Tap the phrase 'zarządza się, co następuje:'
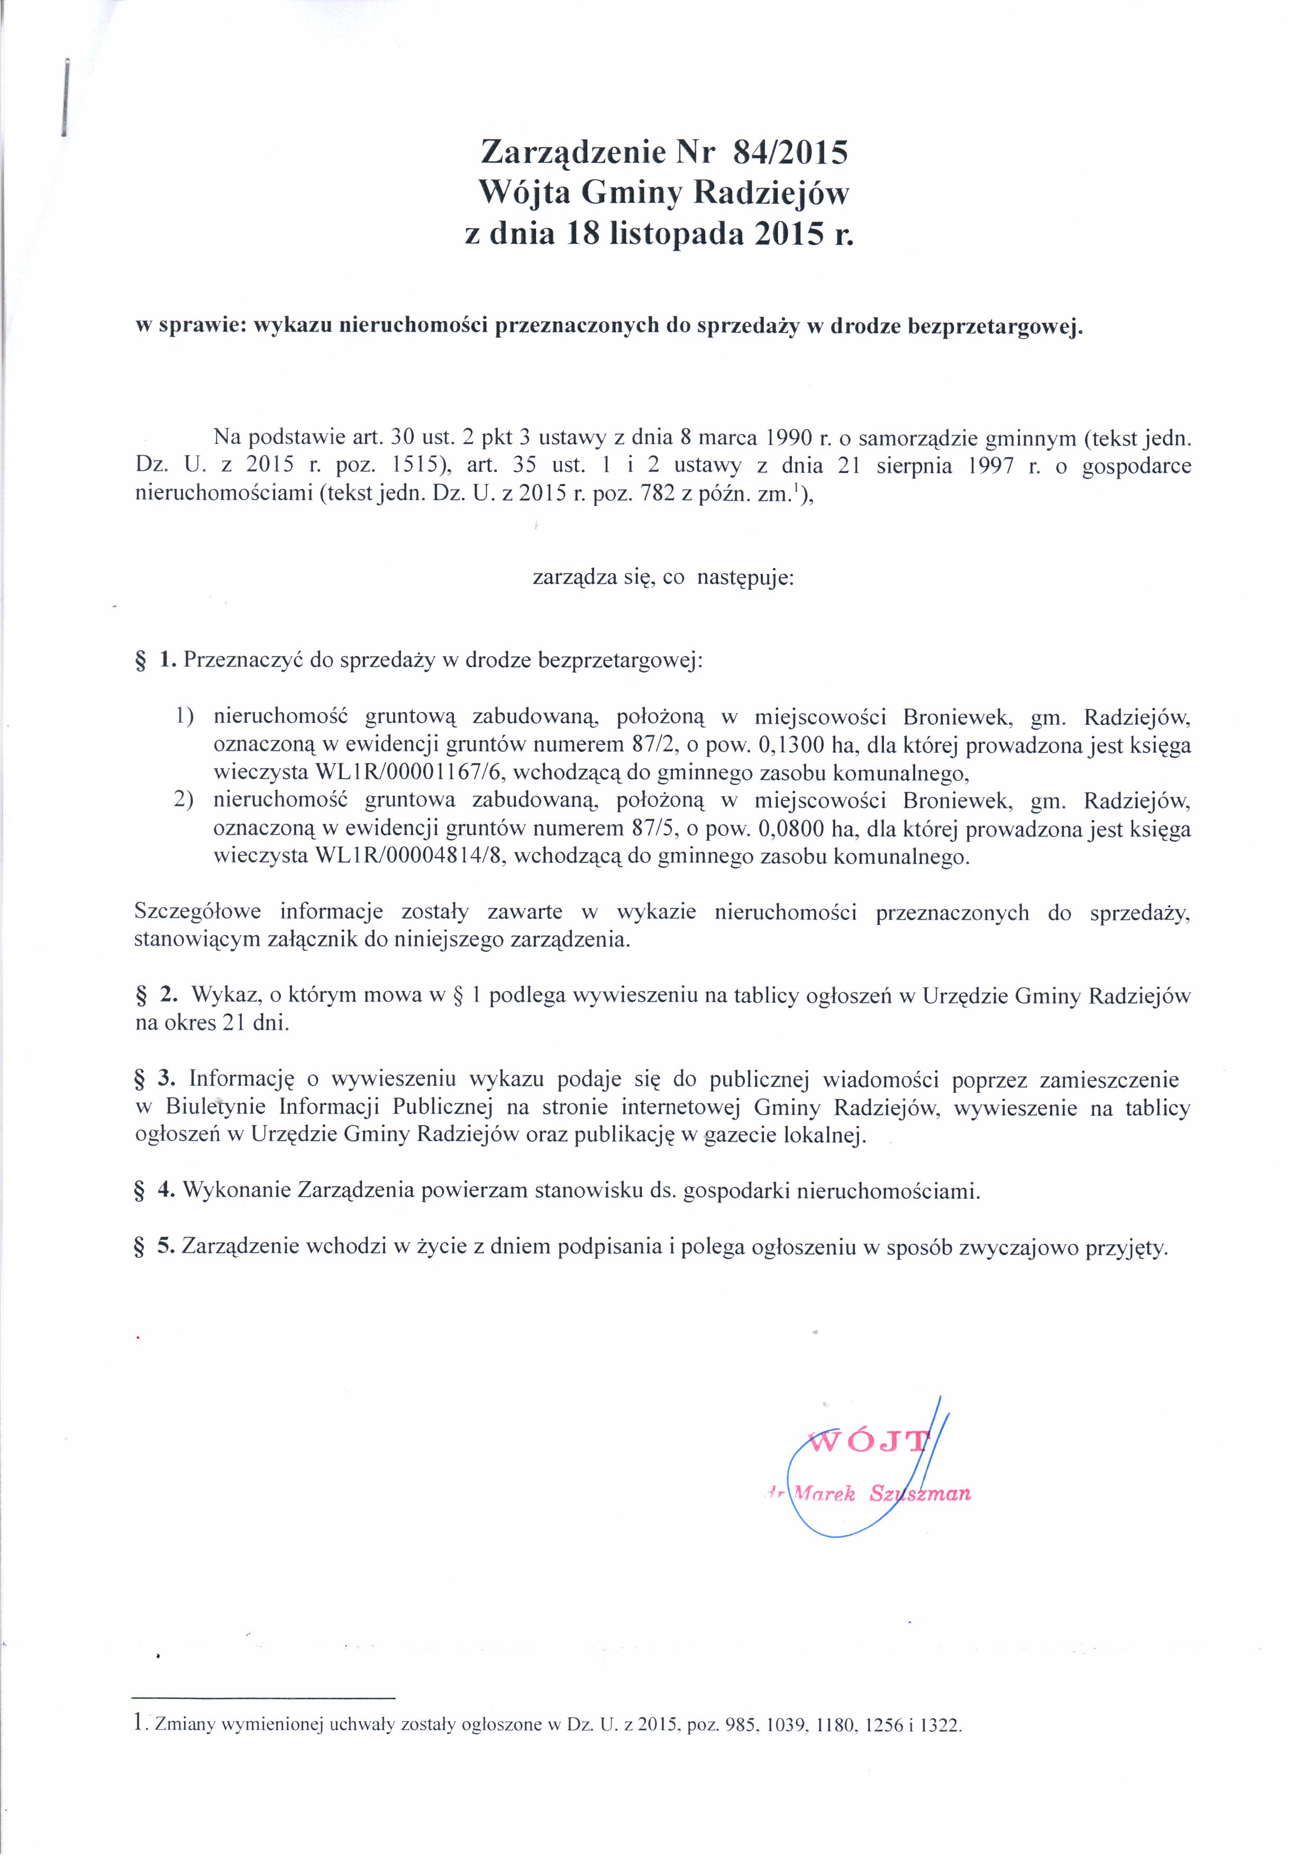[663, 579]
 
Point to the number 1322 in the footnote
[941, 1748]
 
